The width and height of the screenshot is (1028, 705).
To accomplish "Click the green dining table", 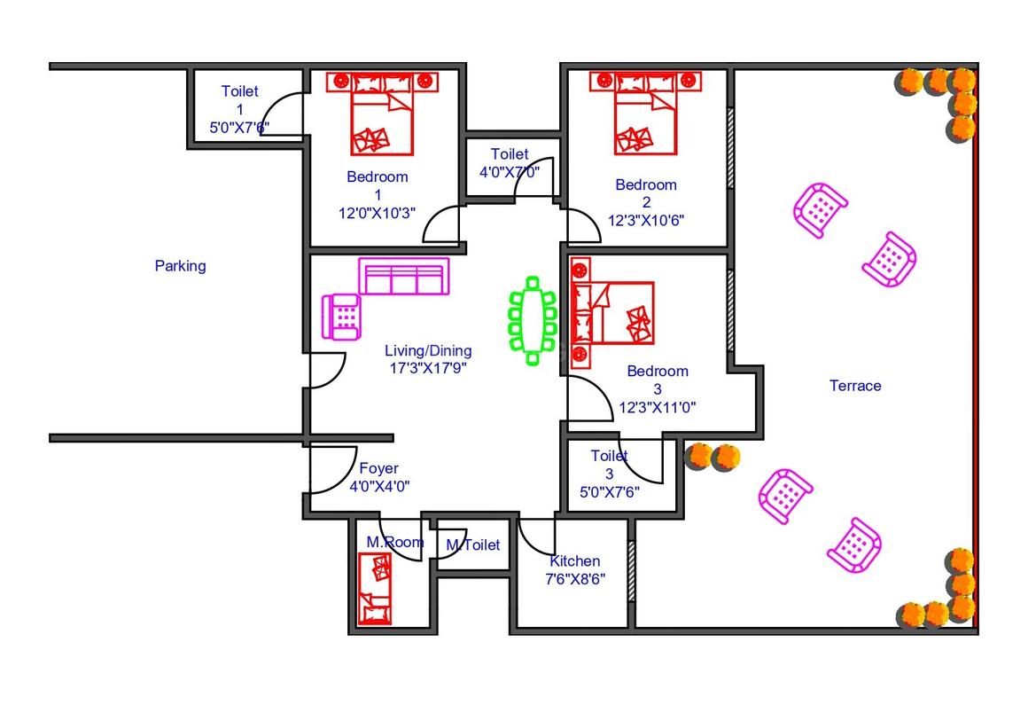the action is point(533,321).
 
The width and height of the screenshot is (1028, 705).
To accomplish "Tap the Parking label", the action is point(180,266).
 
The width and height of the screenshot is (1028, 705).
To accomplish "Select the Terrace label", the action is point(855,386).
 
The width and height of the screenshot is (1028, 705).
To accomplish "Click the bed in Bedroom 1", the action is point(382,114).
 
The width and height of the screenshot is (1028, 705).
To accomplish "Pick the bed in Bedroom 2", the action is point(645,113).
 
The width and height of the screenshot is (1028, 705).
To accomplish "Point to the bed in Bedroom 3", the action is point(611,313).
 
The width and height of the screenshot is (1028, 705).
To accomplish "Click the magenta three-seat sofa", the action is point(404,276).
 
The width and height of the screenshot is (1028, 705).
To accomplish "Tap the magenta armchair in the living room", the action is point(341,317).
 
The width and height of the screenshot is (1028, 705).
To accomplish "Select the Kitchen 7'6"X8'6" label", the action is point(575,570).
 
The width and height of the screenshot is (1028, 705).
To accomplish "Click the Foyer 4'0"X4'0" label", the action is point(379,477).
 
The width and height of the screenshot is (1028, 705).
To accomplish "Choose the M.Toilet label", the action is point(472,544).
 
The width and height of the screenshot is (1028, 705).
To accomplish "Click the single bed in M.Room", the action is point(375,588).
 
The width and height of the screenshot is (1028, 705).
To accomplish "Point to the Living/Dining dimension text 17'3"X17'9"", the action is point(428,368).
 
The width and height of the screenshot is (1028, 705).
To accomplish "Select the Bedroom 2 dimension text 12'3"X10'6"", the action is point(646,220).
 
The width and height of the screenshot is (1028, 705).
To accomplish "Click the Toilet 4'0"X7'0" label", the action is point(510,162).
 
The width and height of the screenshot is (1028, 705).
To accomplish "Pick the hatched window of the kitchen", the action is point(631,570).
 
